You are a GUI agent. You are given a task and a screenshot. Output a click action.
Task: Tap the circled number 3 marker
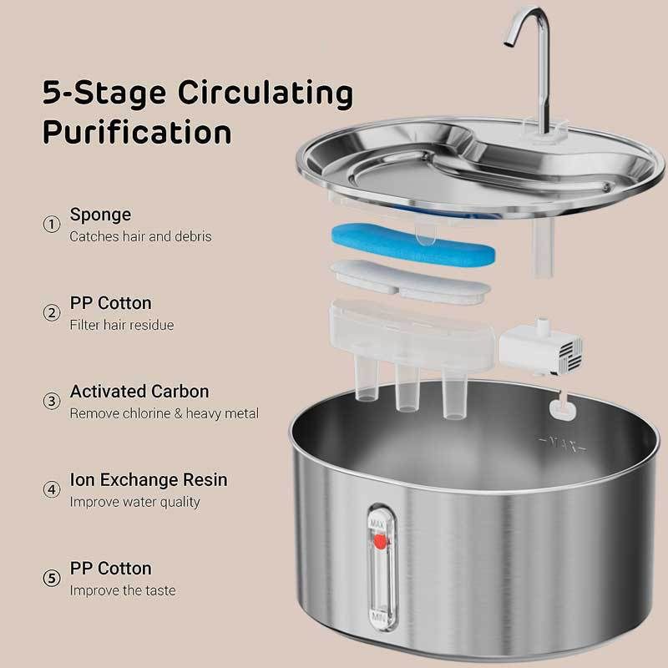click(51, 401)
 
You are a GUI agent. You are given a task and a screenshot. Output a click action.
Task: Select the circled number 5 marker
click(51, 579)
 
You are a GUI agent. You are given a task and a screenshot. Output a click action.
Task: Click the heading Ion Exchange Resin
click(149, 480)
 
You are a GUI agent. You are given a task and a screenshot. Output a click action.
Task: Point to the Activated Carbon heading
click(139, 392)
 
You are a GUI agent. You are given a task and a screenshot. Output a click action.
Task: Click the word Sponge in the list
click(100, 215)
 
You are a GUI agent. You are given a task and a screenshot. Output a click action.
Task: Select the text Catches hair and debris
click(140, 236)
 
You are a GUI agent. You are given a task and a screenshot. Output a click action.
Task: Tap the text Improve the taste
click(122, 590)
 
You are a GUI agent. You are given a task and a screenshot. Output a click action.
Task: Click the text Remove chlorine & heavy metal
click(164, 413)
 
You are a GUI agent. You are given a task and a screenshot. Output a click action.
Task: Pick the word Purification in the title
click(137, 132)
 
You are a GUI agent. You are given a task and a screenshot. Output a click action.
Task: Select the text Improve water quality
click(134, 502)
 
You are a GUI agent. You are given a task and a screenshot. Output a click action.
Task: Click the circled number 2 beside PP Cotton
click(51, 313)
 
